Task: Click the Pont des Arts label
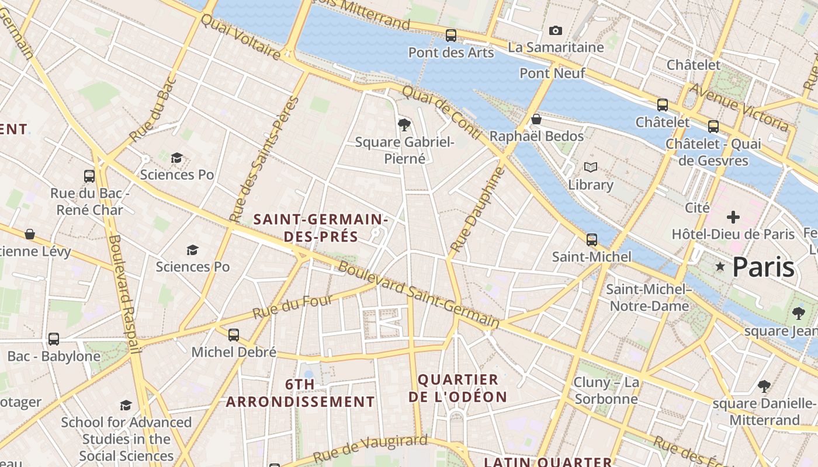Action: pyautogui.click(x=451, y=53)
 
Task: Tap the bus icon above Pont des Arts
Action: pyautogui.click(x=451, y=35)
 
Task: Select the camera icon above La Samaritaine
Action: pyautogui.click(x=555, y=30)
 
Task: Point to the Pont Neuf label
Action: pyautogui.click(x=552, y=73)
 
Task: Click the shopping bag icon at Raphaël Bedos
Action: pyautogui.click(x=536, y=119)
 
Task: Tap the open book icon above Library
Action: pyautogui.click(x=591, y=168)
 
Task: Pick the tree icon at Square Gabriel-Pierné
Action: pyautogui.click(x=403, y=124)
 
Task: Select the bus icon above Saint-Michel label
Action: pyautogui.click(x=591, y=239)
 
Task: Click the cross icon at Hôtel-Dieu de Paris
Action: pyautogui.click(x=733, y=217)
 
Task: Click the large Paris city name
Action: pyautogui.click(x=763, y=267)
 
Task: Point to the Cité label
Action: pyautogui.click(x=697, y=207)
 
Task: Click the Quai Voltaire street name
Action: pyautogui.click(x=240, y=36)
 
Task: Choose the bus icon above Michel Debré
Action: pyautogui.click(x=234, y=334)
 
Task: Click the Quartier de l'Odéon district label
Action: pyautogui.click(x=457, y=388)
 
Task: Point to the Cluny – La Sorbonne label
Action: pyautogui.click(x=606, y=391)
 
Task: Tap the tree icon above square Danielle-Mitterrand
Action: pyautogui.click(x=764, y=386)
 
